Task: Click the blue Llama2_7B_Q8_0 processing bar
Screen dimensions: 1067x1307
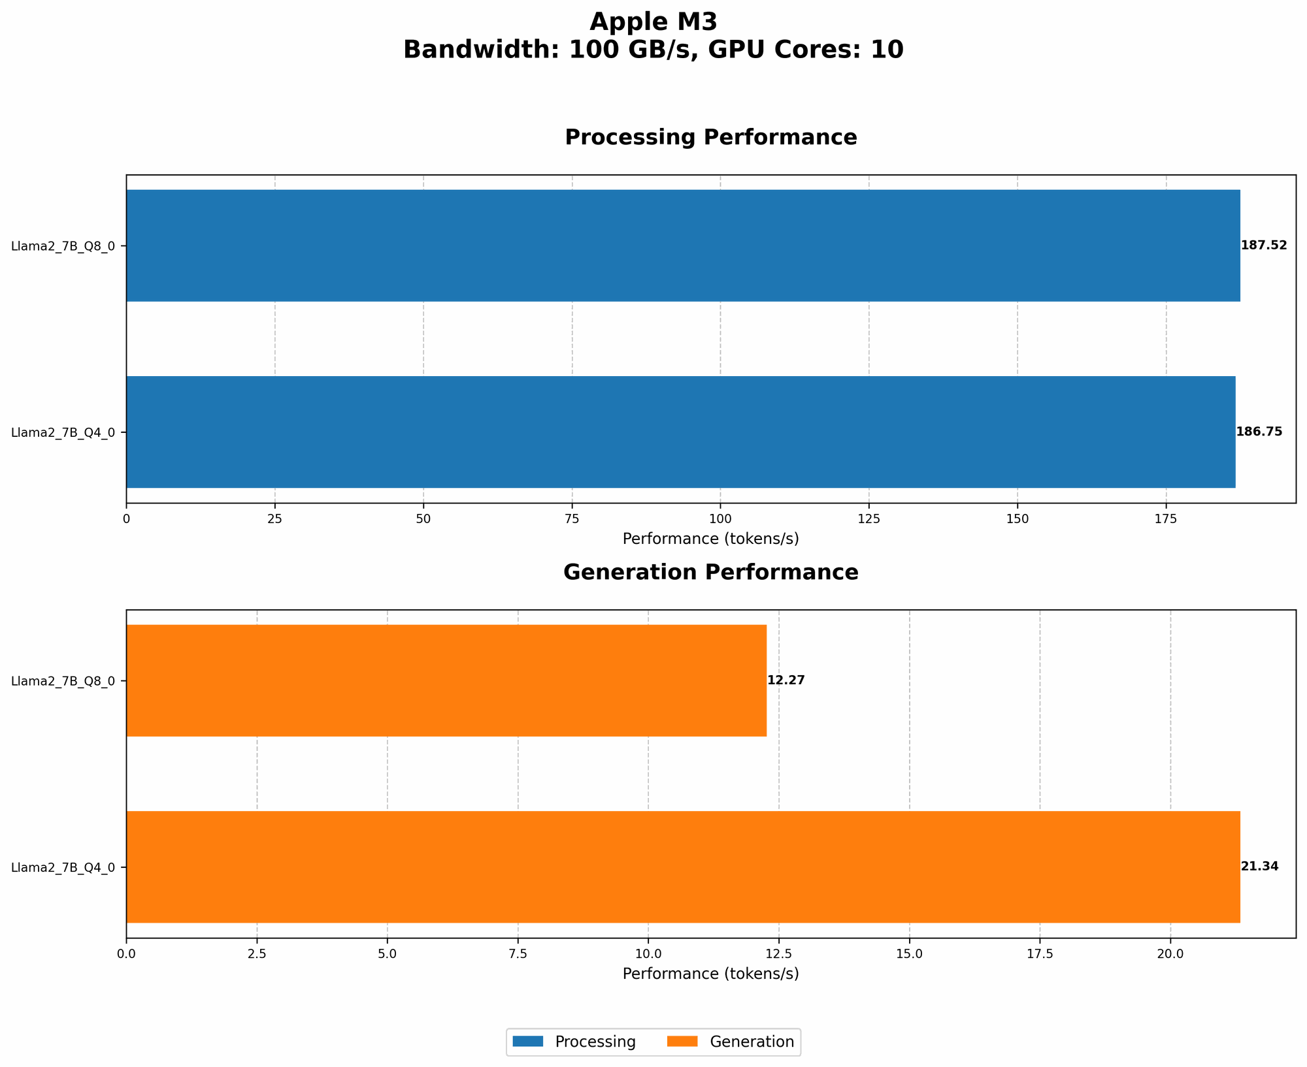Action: pyautogui.click(x=683, y=246)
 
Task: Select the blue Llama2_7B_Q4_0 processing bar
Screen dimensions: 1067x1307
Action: pyautogui.click(x=680, y=432)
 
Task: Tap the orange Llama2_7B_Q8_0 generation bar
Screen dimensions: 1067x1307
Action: pyautogui.click(x=446, y=680)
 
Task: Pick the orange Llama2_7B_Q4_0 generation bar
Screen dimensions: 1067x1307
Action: pyautogui.click(x=683, y=867)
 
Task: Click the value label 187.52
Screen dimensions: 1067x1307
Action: pyautogui.click(x=1263, y=246)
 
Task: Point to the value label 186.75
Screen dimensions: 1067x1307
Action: pyautogui.click(x=1259, y=432)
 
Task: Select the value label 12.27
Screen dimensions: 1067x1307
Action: pyautogui.click(x=786, y=680)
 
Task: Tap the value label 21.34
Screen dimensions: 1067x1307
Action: pyautogui.click(x=1259, y=867)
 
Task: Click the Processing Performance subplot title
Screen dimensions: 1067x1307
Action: pyautogui.click(x=710, y=137)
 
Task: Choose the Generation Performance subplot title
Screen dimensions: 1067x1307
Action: pyautogui.click(x=710, y=572)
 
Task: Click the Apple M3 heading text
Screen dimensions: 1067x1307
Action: pyautogui.click(x=653, y=22)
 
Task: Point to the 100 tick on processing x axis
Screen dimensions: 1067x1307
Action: pyautogui.click(x=720, y=518)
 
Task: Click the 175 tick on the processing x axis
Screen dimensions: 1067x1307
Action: pyautogui.click(x=1166, y=518)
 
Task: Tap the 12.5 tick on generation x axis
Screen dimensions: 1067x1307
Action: pyautogui.click(x=779, y=954)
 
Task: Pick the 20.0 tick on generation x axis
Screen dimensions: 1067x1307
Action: pyautogui.click(x=1170, y=954)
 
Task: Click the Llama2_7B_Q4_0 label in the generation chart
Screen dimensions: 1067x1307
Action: pyautogui.click(x=63, y=867)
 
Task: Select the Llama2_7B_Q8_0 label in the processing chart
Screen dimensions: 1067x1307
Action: pyautogui.click(x=63, y=246)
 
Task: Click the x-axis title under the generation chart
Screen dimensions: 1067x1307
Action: pyautogui.click(x=710, y=974)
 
